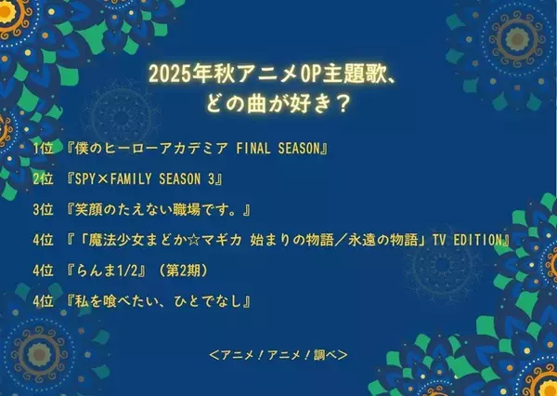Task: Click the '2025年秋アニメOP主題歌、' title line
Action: click(278, 73)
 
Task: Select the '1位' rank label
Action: click(42, 149)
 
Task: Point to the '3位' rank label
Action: click(42, 209)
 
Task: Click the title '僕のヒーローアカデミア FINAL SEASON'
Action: click(194, 149)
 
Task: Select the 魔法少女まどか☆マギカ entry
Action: click(289, 240)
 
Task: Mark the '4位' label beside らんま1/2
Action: click(42, 271)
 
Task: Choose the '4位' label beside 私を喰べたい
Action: click(42, 301)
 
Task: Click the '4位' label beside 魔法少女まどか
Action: click(42, 240)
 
